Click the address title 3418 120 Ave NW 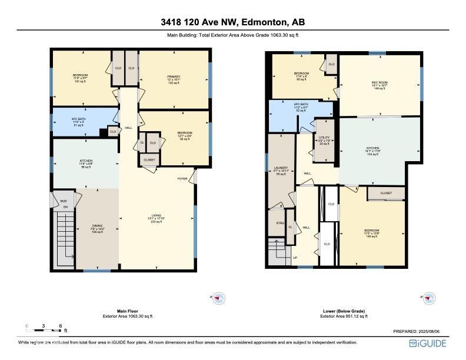click(233, 22)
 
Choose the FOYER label click(183, 178)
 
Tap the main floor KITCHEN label click(86, 161)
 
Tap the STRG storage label click(280, 224)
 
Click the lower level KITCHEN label click(372, 148)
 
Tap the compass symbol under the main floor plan click(219, 298)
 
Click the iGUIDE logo click(428, 343)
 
